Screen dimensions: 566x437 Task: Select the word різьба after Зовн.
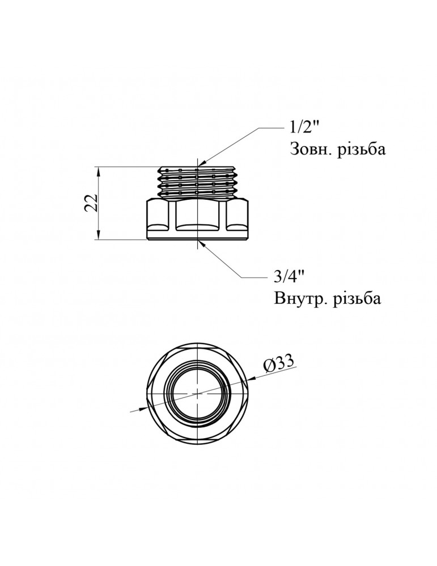point(359,151)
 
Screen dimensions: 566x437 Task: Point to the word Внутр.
point(296,298)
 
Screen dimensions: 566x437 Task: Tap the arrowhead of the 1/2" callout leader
point(202,164)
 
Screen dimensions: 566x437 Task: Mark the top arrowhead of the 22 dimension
point(100,170)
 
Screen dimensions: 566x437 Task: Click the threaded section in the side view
point(198,180)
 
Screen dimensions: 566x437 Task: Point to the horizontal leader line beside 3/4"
point(252,277)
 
